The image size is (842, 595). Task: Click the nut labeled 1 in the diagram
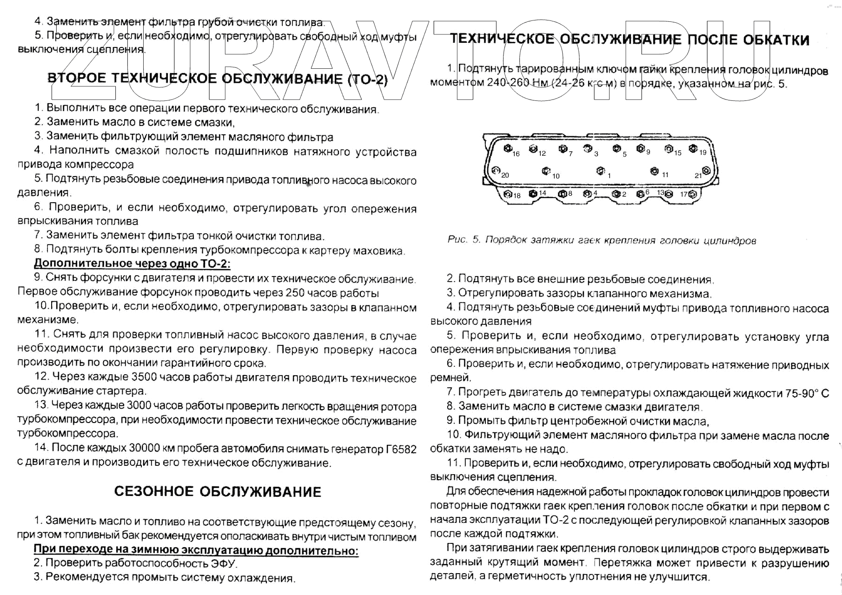pos(600,171)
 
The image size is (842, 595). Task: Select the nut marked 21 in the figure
pos(706,171)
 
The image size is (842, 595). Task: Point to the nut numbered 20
pos(496,171)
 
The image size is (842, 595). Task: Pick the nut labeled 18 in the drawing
pos(508,194)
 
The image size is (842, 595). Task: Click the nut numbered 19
pos(693,149)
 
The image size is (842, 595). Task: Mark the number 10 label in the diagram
pos(556,176)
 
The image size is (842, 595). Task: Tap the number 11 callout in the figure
pos(665,175)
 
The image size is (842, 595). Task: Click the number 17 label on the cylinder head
pos(683,194)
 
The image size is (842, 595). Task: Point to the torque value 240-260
pos(508,83)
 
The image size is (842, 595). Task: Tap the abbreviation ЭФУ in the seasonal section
pos(223,563)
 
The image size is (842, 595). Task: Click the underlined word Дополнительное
pos(83,264)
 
